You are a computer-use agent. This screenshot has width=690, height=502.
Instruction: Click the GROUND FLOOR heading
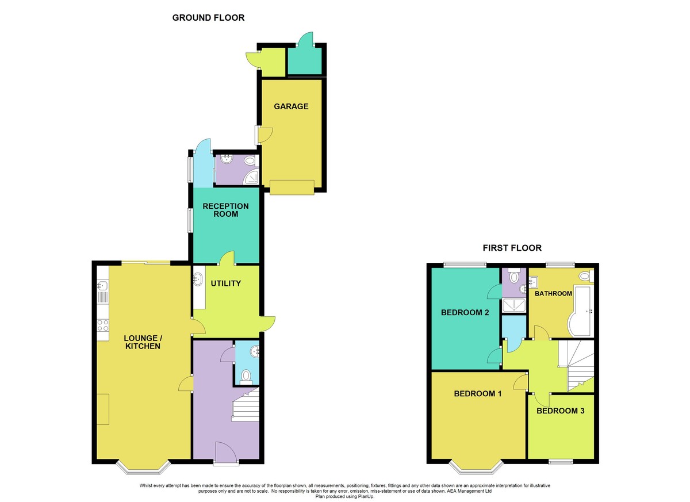pyautogui.click(x=208, y=18)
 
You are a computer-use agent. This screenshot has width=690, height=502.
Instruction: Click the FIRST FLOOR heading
pyautogui.click(x=512, y=248)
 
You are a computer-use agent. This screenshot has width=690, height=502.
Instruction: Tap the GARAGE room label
pyautogui.click(x=291, y=106)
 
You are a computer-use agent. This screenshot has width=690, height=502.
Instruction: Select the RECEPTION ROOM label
pyautogui.click(x=225, y=210)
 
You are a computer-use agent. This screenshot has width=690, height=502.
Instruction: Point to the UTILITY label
pyautogui.click(x=226, y=283)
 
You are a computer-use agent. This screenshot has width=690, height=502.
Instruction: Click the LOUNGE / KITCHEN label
pyautogui.click(x=143, y=342)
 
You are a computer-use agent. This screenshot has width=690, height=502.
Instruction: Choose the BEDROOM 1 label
pyautogui.click(x=478, y=393)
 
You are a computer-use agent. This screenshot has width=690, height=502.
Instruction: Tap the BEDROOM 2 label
pyautogui.click(x=465, y=313)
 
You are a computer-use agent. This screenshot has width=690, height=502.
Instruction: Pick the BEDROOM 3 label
pyautogui.click(x=560, y=411)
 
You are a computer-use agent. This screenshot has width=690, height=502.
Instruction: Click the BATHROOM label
pyautogui.click(x=553, y=293)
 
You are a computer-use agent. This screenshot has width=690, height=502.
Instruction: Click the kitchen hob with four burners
pyautogui.click(x=103, y=325)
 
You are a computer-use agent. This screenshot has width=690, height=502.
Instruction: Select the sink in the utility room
pyautogui.click(x=197, y=279)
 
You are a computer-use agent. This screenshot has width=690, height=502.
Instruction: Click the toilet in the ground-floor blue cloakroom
pyautogui.click(x=246, y=377)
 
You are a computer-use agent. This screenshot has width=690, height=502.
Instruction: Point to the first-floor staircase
pyautogui.click(x=576, y=366)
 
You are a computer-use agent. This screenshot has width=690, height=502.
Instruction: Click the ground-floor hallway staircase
pyautogui.click(x=246, y=404)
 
